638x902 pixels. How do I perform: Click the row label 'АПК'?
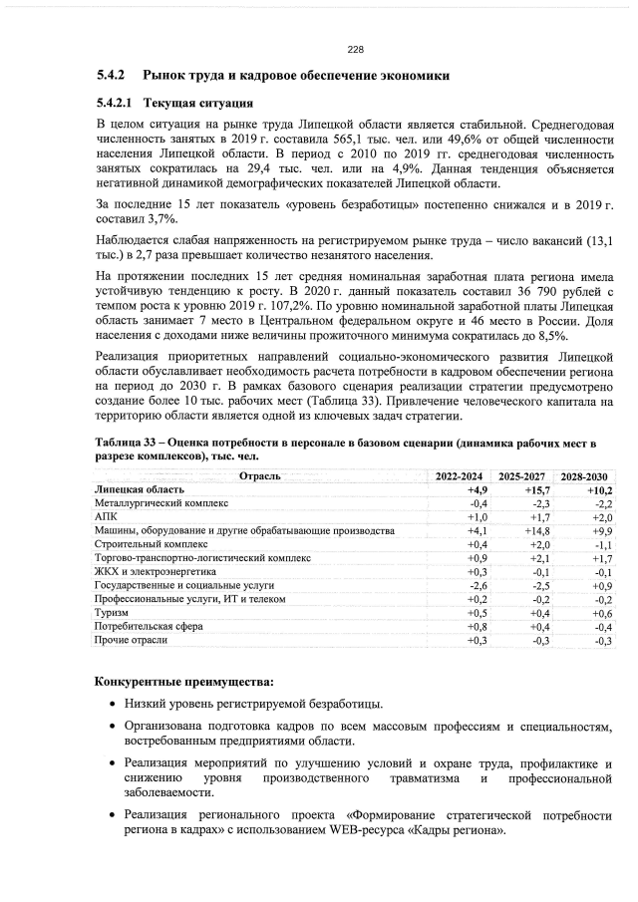click(105, 518)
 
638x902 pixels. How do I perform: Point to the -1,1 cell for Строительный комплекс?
click(601, 545)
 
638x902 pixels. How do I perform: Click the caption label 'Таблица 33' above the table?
click(130, 442)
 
